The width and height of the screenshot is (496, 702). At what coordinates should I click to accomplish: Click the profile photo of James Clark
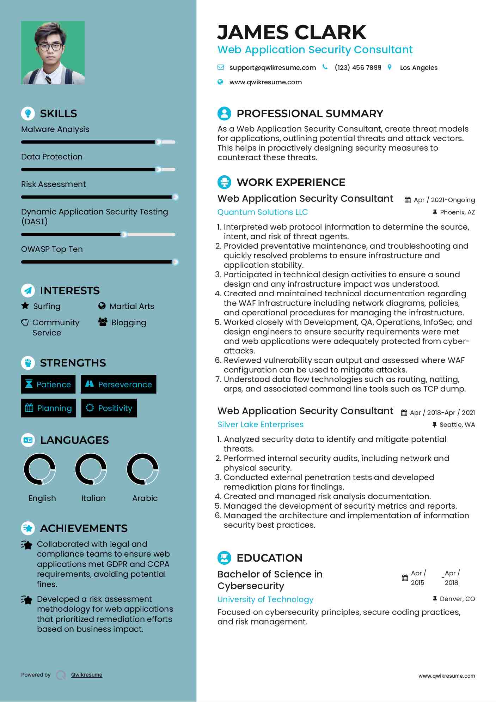point(53,53)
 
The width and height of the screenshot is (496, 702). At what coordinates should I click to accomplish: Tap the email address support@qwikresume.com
point(272,68)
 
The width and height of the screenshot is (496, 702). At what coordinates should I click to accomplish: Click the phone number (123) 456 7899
point(358,68)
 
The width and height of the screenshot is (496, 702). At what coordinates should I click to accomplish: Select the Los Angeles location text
point(418,68)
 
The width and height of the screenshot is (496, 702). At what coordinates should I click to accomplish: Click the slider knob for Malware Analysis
point(159,142)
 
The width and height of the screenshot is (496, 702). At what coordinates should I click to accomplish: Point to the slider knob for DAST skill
point(124,235)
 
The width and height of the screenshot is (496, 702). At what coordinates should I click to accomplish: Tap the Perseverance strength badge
point(118,385)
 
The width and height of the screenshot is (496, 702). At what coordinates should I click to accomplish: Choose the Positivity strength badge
point(109,408)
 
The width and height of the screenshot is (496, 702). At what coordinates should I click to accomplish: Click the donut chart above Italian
point(91,469)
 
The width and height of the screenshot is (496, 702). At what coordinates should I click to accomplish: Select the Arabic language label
point(145,498)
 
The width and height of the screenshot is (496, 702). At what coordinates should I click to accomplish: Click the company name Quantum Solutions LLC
point(262,212)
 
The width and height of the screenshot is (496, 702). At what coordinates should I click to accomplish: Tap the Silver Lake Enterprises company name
point(260,425)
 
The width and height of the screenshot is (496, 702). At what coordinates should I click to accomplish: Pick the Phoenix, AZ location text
point(457,212)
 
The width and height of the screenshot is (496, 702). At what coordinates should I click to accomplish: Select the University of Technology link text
point(265,600)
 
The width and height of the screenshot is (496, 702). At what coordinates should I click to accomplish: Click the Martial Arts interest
point(131,306)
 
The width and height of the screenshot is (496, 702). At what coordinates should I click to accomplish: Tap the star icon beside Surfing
point(25,305)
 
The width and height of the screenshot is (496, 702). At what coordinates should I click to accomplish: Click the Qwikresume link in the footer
point(86,675)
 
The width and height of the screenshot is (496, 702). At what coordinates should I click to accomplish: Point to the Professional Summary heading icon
point(224,114)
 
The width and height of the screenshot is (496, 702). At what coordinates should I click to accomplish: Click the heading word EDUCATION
point(269,558)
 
